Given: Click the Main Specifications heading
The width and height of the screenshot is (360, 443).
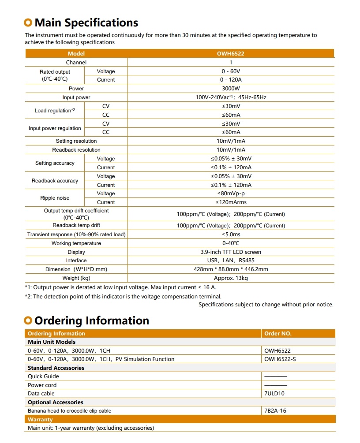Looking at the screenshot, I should tap(86, 22).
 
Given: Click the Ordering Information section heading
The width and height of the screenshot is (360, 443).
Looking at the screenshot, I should tap(91, 320).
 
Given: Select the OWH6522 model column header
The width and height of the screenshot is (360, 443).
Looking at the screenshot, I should tap(230, 54).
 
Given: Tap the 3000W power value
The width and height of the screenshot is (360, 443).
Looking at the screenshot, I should tap(230, 89).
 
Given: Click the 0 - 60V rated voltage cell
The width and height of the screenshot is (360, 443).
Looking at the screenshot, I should tap(230, 71).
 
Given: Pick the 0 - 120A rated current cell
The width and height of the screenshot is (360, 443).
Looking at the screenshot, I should tap(230, 80).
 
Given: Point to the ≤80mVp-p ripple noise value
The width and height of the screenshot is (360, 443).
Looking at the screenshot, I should tap(231, 194).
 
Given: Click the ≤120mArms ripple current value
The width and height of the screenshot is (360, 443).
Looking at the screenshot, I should tap(231, 202).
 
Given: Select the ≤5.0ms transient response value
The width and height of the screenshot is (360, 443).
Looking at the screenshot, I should tap(231, 235).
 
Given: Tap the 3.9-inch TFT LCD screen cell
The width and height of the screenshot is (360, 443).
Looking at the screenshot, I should tap(231, 252).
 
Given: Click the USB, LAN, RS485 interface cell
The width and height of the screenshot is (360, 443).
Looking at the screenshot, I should tap(231, 261).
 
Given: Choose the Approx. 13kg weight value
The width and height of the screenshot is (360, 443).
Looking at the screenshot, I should tap(231, 278).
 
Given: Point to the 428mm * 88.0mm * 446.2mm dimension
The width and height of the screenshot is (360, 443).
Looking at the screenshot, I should tap(231, 269).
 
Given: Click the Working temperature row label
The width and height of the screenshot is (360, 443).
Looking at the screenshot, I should tap(76, 243).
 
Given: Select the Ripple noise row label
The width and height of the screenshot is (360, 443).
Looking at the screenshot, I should tap(55, 198).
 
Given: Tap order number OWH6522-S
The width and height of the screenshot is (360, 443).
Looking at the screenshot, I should tap(280, 359).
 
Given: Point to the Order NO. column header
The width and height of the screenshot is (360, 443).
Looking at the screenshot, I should tap(278, 334).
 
